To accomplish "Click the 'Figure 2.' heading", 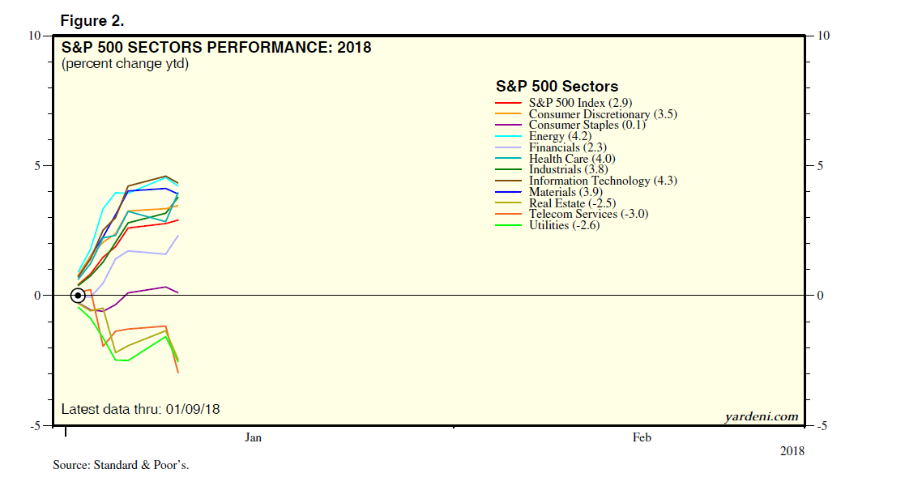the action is (92, 21).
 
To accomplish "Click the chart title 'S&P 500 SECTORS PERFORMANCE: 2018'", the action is (216, 48).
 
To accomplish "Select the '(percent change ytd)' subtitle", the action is (126, 64).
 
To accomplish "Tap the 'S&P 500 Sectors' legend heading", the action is (557, 87).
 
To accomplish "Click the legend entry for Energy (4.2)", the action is (560, 136).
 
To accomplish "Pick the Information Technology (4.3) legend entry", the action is (603, 181).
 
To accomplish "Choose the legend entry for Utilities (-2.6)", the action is (564, 225).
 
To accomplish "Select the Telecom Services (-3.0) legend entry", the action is (588, 214).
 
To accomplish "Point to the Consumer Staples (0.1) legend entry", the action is (587, 126).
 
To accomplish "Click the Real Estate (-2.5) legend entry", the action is (572, 203).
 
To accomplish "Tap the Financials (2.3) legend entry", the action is (567, 147).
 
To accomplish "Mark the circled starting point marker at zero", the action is (78, 296).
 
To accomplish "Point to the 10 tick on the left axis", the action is (35, 36).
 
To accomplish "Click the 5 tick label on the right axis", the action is (820, 166).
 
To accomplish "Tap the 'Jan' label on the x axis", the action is (254, 437).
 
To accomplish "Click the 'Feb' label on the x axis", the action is (642, 437).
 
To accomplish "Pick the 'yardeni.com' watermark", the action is (762, 416).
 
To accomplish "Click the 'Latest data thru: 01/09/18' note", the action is (140, 410).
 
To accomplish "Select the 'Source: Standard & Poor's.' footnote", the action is (122, 466).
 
